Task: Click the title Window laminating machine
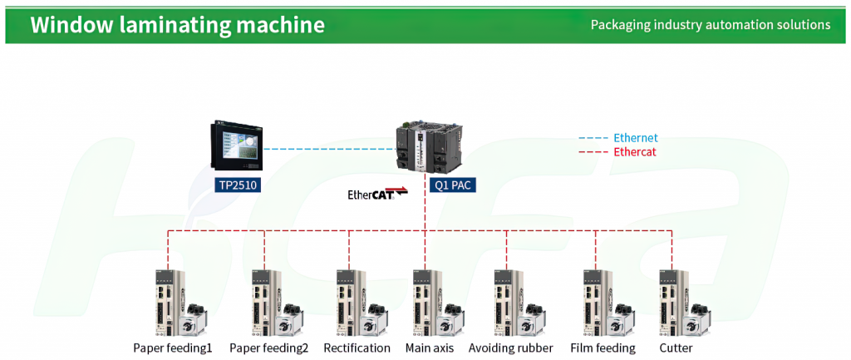(x=178, y=25)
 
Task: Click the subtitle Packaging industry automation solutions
(x=711, y=25)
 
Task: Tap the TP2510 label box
(x=236, y=185)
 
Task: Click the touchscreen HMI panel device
(x=236, y=145)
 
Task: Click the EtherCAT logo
(x=377, y=194)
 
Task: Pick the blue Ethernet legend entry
(x=618, y=138)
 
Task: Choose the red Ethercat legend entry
(x=617, y=152)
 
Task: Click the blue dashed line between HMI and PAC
(x=329, y=148)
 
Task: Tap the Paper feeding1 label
(x=173, y=348)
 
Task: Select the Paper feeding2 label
(x=269, y=348)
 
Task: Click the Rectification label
(x=357, y=348)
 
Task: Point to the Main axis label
(x=430, y=348)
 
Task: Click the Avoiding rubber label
(x=511, y=348)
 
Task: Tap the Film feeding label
(x=603, y=348)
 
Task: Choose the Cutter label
(x=676, y=348)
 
